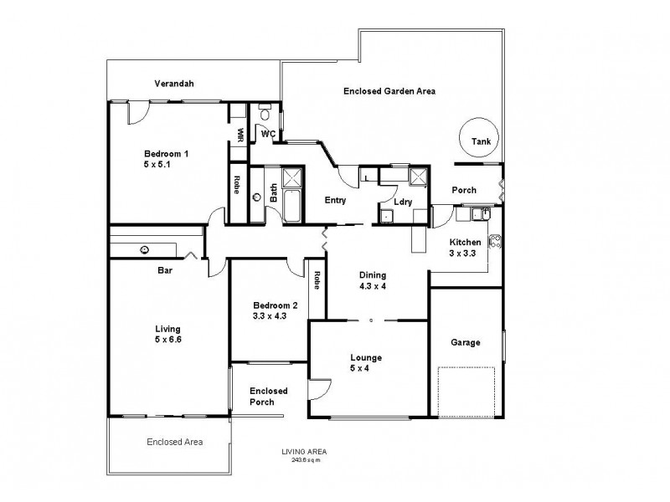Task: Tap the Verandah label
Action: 174,84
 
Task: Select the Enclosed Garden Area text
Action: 389,90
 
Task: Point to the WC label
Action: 268,133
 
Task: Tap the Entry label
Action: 336,200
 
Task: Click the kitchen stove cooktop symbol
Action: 495,240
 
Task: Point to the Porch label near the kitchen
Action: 464,190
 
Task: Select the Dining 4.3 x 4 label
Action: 374,280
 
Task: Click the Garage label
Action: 466,342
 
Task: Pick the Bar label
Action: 165,270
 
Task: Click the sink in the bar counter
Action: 145,248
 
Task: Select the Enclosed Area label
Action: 174,442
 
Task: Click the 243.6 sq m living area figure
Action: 306,460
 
